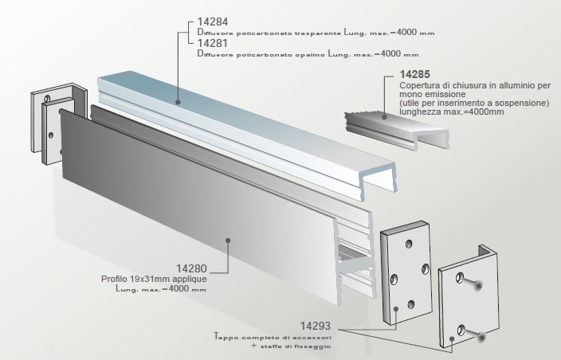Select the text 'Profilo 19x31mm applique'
152,280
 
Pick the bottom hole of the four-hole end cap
410,303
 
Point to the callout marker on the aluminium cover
383,117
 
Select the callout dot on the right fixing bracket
451,338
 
